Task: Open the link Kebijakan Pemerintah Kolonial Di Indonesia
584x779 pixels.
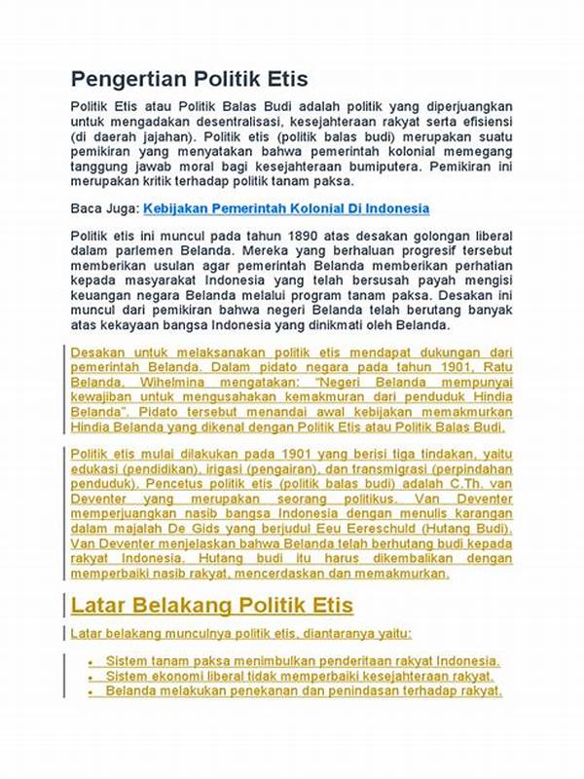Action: (286, 208)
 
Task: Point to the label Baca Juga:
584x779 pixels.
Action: (105, 208)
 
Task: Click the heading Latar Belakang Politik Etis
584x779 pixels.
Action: (212, 605)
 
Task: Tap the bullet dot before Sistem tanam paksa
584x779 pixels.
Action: (91, 661)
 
